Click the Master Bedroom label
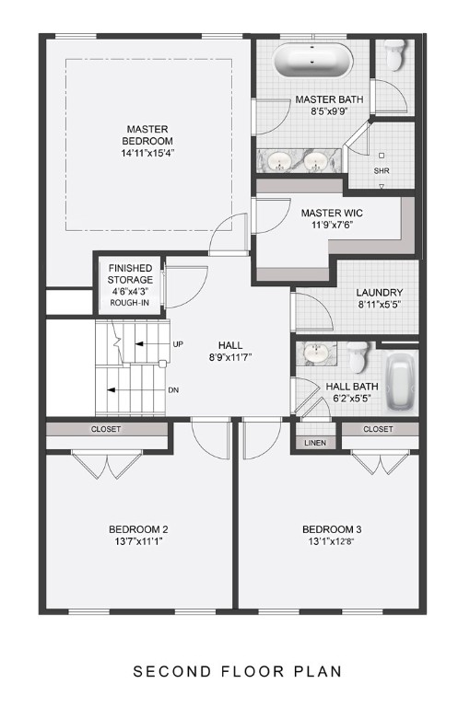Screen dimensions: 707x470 point(147,134)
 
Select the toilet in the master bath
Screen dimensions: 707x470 point(395,57)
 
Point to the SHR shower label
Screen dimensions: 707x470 point(382,170)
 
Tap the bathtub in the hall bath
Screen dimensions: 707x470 point(401,382)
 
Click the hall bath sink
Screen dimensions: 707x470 point(316,353)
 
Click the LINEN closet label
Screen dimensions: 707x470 point(314,443)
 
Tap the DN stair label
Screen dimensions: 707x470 point(172,389)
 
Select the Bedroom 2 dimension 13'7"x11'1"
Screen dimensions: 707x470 point(138,541)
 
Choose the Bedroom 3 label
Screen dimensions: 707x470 point(332,529)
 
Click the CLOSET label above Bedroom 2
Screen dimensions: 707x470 point(106,429)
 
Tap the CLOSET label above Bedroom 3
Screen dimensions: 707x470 point(378,429)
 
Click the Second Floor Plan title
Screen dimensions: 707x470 point(238,671)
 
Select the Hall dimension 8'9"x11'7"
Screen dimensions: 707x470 point(230,356)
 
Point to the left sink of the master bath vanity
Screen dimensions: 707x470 point(278,162)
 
